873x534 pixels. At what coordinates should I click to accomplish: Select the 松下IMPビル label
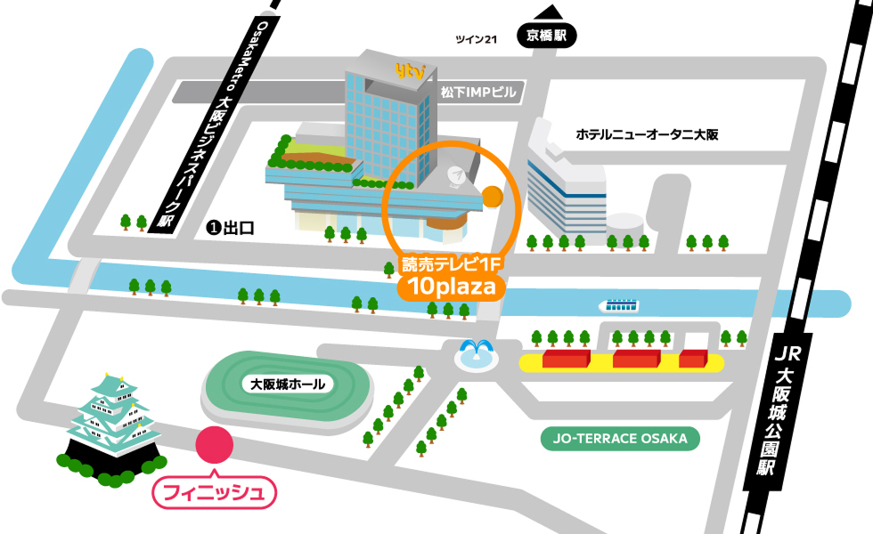click(x=478, y=92)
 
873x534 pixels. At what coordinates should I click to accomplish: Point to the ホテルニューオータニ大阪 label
click(x=647, y=134)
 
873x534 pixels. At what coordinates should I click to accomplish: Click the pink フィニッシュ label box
click(x=215, y=492)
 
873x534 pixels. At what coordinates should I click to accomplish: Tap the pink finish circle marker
click(x=214, y=446)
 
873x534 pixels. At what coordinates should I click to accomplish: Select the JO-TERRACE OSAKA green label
click(x=621, y=439)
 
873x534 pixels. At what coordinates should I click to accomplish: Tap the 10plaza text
click(x=452, y=287)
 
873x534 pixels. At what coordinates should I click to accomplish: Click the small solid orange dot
click(x=492, y=196)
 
